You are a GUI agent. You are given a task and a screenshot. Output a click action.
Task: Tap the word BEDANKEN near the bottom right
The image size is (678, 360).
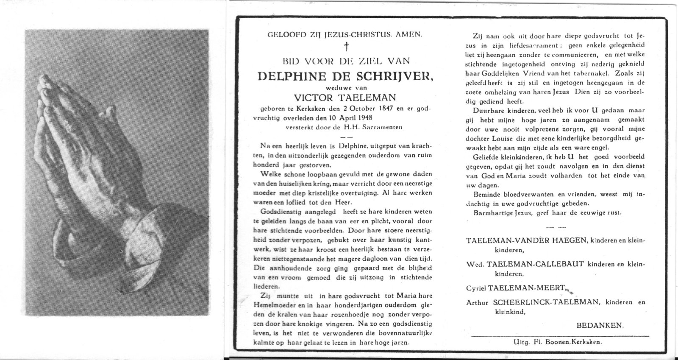(x=600, y=325)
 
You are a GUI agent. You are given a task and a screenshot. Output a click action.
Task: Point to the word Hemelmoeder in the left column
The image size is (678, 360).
(x=280, y=306)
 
